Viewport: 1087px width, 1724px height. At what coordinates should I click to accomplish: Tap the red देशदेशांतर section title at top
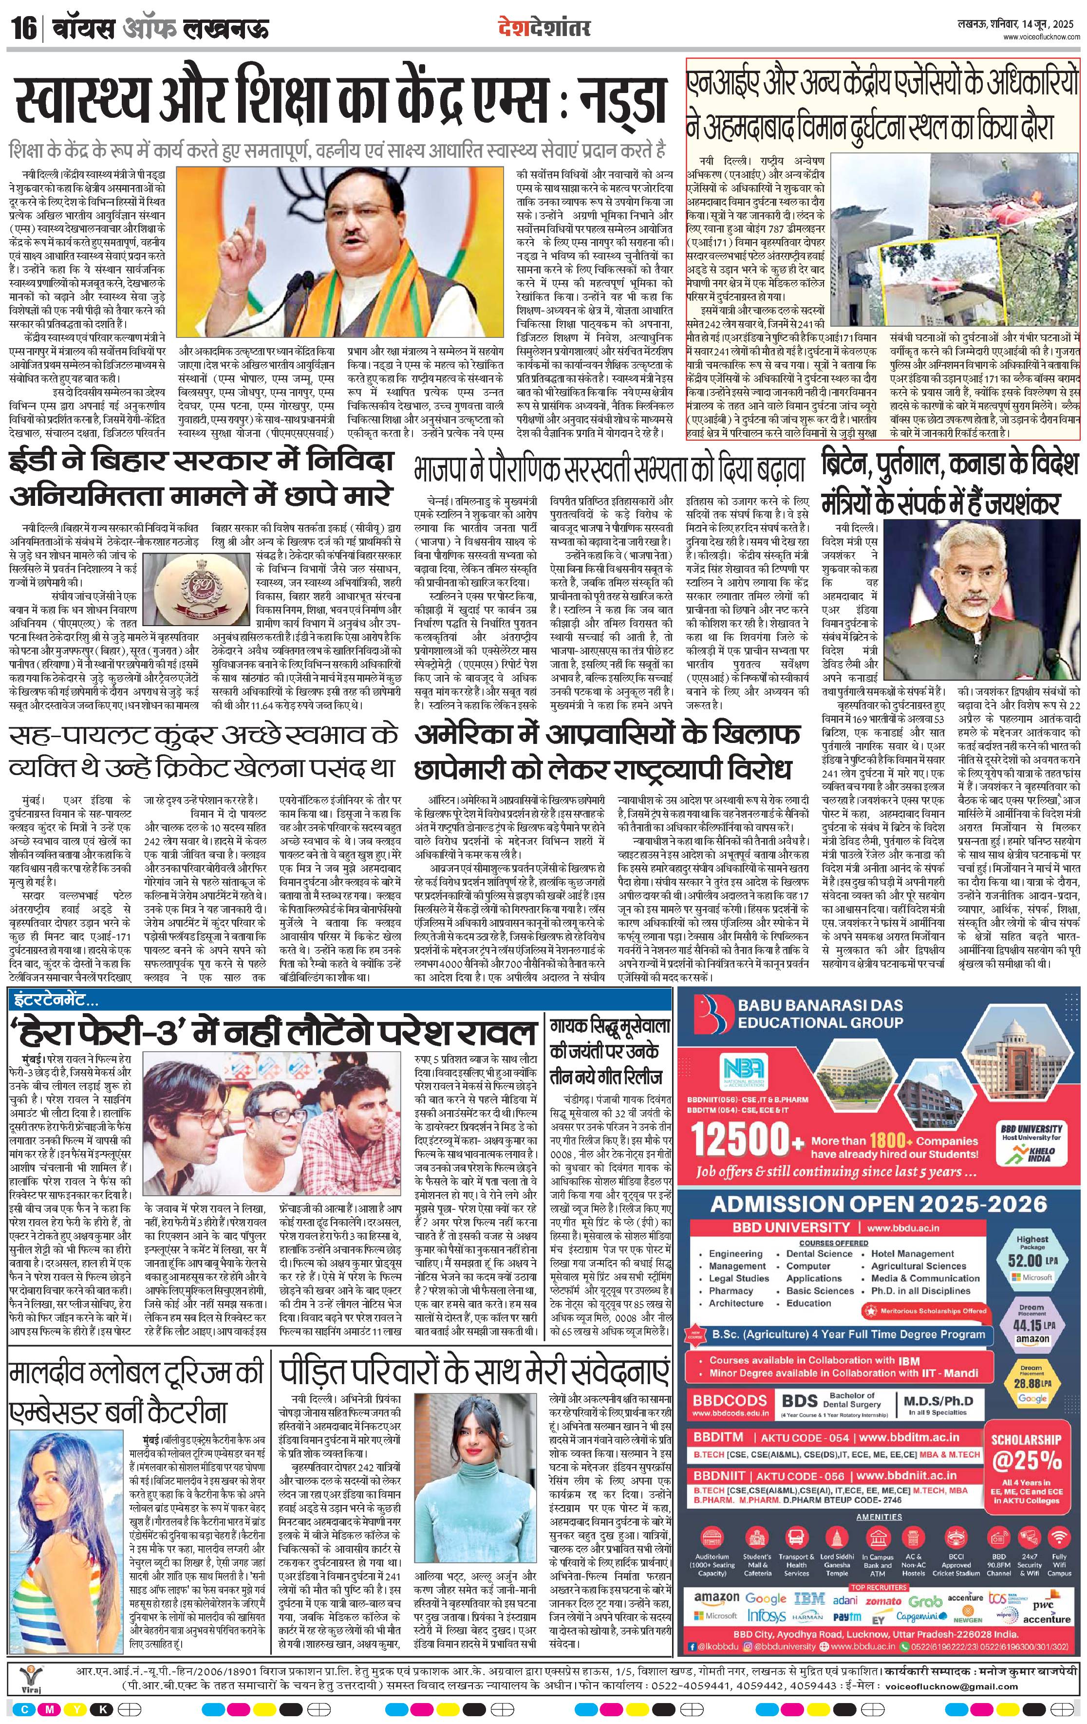point(544,30)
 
